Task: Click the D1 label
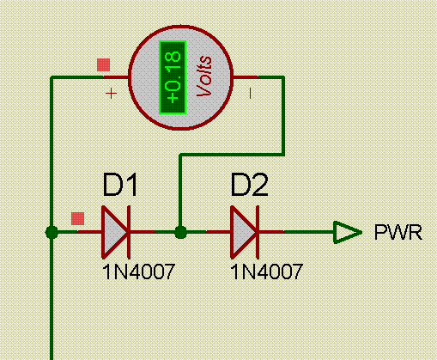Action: coord(120,185)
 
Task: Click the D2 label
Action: coord(249,185)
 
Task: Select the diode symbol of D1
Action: coord(116,232)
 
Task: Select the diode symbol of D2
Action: coord(245,232)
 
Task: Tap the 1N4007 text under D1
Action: coord(138,272)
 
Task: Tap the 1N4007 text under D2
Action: coord(266,272)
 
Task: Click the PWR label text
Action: coord(398,232)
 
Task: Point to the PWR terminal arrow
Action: coord(348,232)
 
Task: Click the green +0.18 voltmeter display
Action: coord(173,77)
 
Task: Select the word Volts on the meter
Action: coord(204,76)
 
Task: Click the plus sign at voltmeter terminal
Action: coord(111,94)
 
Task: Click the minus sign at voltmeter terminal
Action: coord(250,94)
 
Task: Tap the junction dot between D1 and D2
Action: coord(180,232)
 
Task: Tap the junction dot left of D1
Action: coord(52,232)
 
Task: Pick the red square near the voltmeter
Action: coord(103,65)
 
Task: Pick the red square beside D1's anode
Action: coord(78,218)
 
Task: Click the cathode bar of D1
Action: coord(129,232)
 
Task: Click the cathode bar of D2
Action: coord(258,232)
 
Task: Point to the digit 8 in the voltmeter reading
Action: coord(173,56)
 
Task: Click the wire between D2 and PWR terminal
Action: coord(309,232)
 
